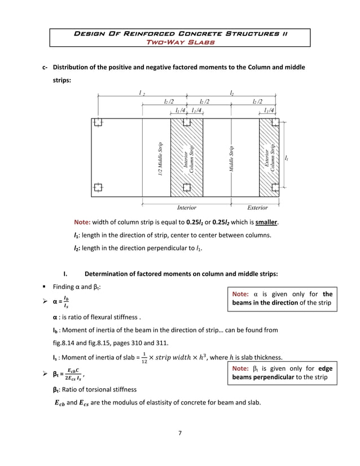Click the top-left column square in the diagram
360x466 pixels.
(x=98, y=122)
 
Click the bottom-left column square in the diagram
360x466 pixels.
(x=98, y=187)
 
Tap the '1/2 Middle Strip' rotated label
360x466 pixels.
(x=161, y=159)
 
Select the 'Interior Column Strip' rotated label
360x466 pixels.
(x=188, y=159)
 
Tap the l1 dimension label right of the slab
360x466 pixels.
(x=288, y=159)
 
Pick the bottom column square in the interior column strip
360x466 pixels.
(x=187, y=187)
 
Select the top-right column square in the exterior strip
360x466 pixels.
(x=275, y=122)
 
